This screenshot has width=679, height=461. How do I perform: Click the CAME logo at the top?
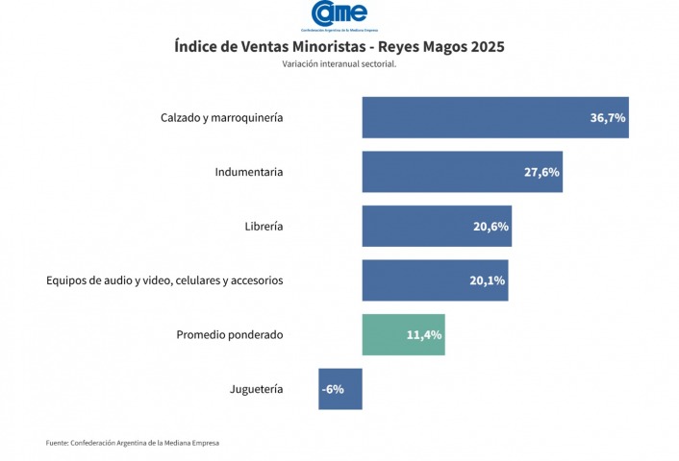coord(339,14)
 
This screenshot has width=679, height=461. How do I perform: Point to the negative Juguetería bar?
coord(340,389)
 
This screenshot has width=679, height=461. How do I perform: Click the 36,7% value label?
coord(608,118)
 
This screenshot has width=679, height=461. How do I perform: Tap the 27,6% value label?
coord(541,173)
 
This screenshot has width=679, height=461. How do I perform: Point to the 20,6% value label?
coord(490,228)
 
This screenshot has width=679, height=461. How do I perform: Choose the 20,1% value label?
coord(487,281)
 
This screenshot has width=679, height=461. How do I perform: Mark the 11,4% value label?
coord(424,336)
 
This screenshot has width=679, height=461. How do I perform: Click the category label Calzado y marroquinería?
coord(221,118)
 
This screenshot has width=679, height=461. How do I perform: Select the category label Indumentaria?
coord(249,173)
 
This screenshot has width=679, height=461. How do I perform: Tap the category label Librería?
coord(264,228)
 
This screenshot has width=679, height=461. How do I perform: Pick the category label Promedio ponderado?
coord(230,335)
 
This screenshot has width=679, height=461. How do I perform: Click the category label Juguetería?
coord(257,390)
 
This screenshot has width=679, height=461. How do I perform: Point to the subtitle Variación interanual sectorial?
coord(339,64)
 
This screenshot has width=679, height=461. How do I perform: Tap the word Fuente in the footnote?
coord(57,443)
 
